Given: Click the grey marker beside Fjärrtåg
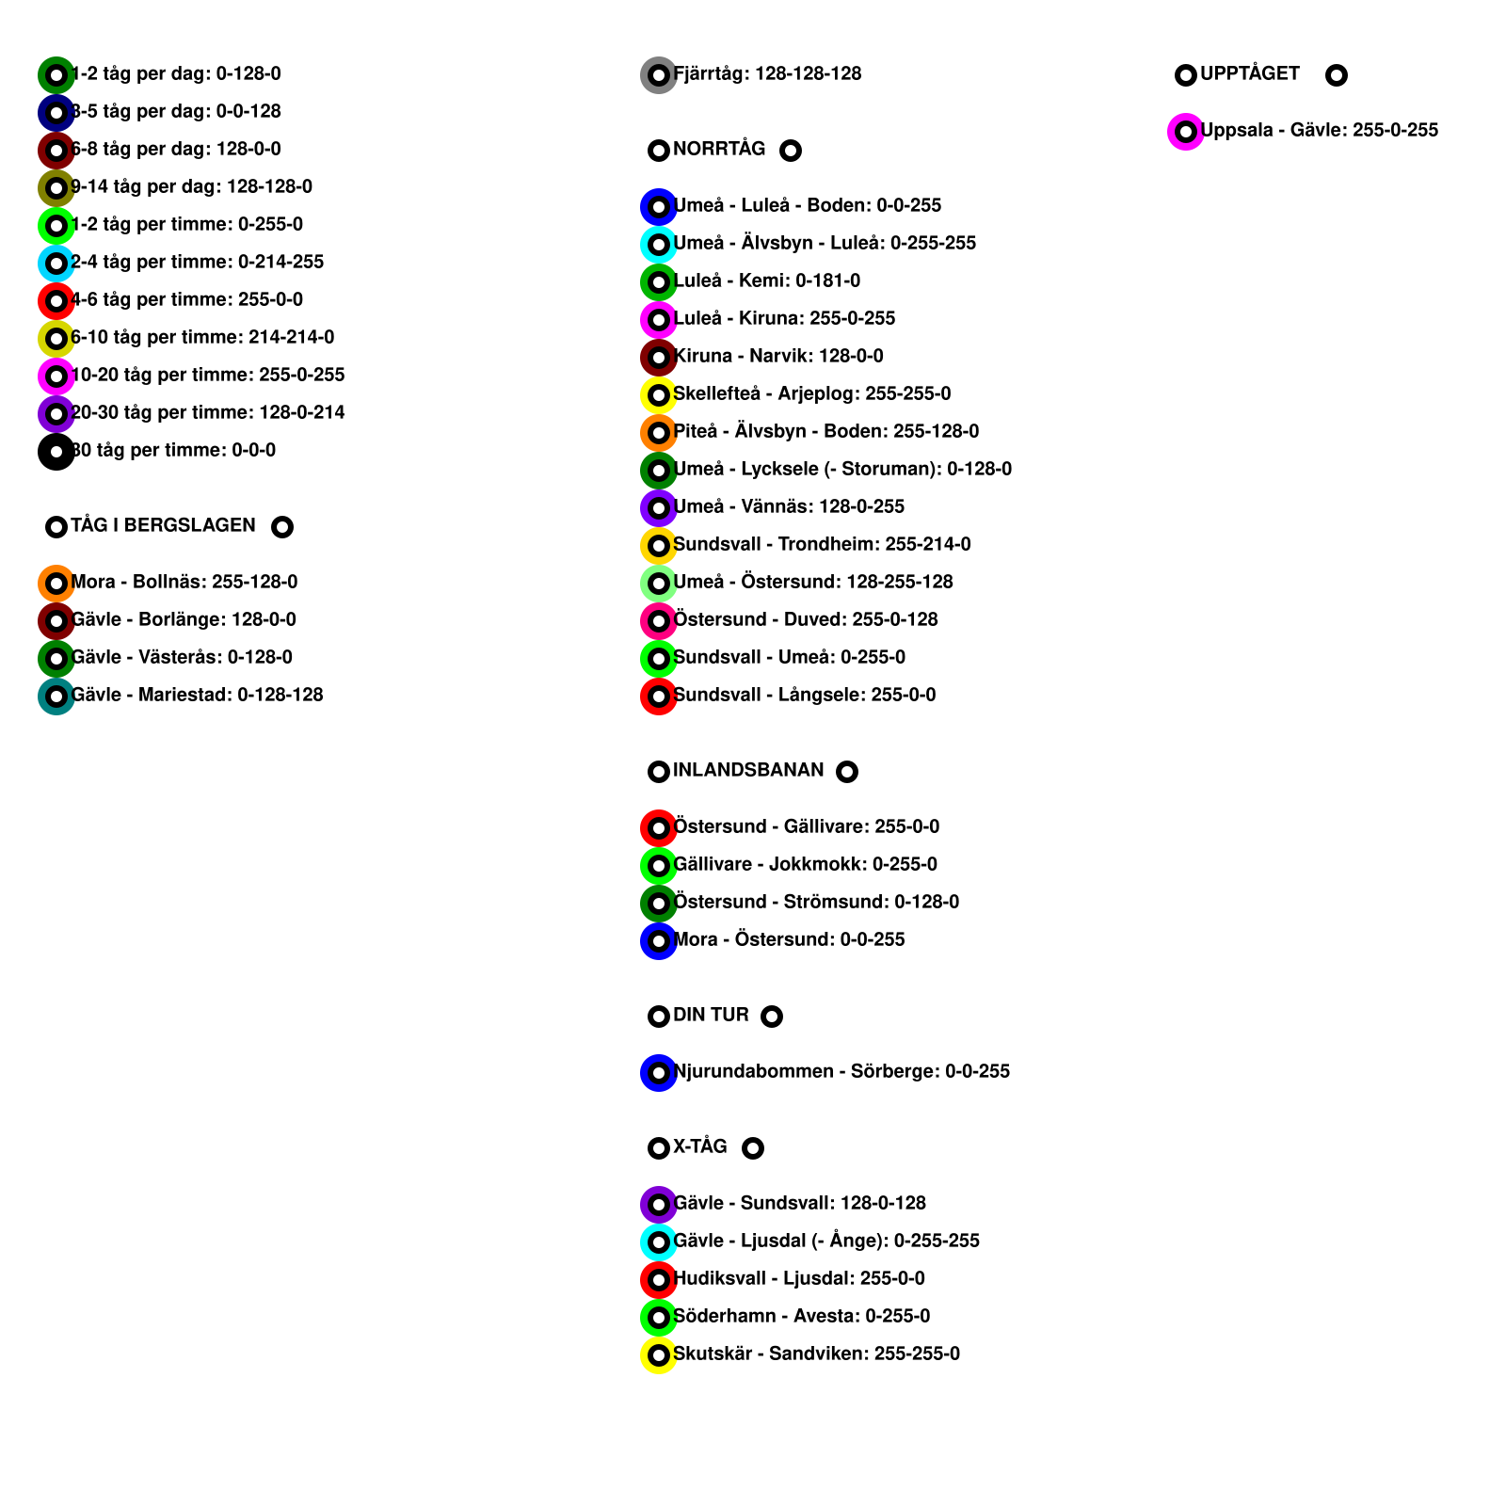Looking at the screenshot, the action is (x=659, y=75).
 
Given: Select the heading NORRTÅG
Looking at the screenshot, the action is (x=719, y=150).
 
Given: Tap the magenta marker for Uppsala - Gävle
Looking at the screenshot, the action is (x=1186, y=132).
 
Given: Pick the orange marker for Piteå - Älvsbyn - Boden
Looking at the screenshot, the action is (x=659, y=433).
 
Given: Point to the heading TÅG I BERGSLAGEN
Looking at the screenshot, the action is (x=163, y=526).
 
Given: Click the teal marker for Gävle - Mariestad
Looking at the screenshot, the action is (x=56, y=697).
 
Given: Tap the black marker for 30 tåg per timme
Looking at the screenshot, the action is (x=56, y=452).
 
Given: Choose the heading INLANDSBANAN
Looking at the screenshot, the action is (x=748, y=771).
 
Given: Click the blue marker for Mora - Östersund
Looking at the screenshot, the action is (x=659, y=941).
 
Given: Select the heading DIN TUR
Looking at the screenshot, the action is (x=711, y=1016).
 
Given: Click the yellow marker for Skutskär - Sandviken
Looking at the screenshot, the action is (x=659, y=1355).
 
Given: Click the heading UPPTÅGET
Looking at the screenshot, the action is (x=1249, y=74).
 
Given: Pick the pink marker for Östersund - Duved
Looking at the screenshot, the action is (x=659, y=621).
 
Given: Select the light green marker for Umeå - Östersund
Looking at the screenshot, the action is (x=659, y=584).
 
